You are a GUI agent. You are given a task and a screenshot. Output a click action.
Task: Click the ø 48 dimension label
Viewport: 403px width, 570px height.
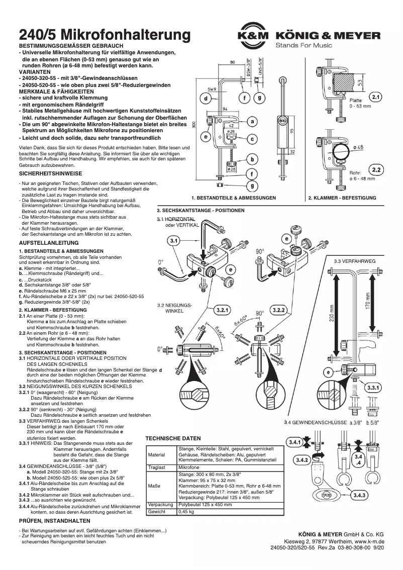tap(358, 147)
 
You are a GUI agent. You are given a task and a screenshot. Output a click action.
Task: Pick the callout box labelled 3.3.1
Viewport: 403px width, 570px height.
tap(373, 388)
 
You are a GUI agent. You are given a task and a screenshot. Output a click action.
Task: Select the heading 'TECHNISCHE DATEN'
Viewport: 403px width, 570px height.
tap(172, 438)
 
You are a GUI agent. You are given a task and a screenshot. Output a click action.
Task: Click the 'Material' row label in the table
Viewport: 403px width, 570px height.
tap(157, 454)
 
